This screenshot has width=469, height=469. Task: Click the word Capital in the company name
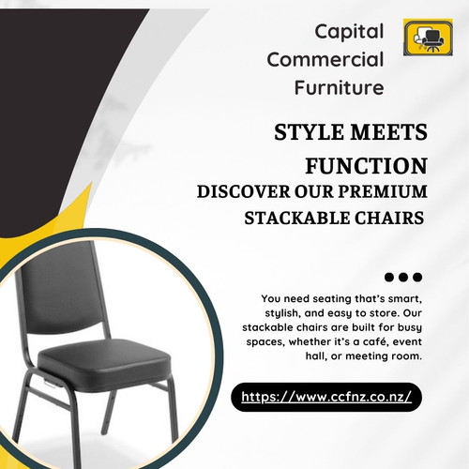349,31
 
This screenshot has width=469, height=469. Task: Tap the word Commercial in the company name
325,60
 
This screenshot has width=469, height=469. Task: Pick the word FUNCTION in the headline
367,165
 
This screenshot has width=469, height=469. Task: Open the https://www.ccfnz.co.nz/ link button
326,397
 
